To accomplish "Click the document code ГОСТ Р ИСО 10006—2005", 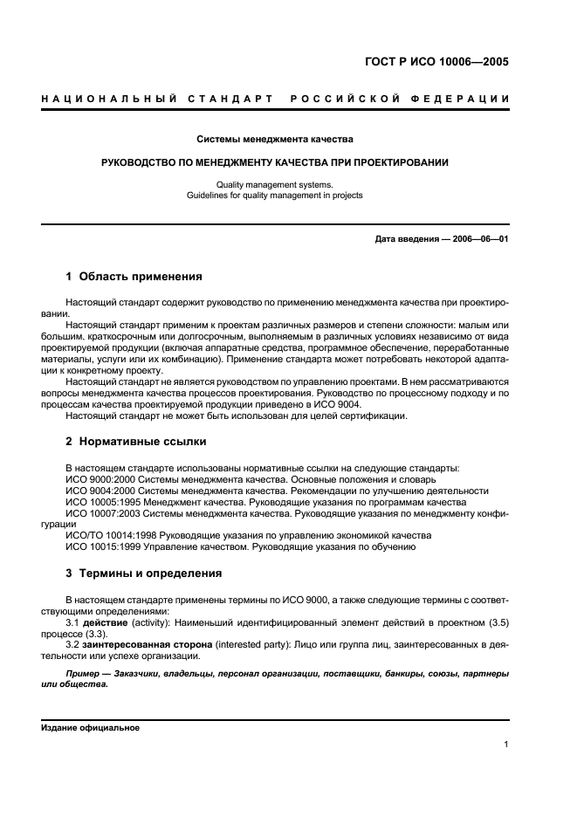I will pyautogui.click(x=436, y=62).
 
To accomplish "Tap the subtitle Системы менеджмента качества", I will pyautogui.click(x=275, y=139).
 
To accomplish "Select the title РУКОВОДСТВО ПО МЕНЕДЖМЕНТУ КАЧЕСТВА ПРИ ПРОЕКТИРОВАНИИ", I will pyautogui.click(x=275, y=162).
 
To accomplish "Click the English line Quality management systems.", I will pyautogui.click(x=275, y=184).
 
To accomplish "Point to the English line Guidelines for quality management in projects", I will pyautogui.click(x=275, y=196).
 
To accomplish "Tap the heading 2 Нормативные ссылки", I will pyautogui.click(x=134, y=441).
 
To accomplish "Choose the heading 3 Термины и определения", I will pyautogui.click(x=143, y=573).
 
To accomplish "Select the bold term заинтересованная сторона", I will pyautogui.click(x=139, y=644).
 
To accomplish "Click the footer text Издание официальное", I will pyautogui.click(x=90, y=727).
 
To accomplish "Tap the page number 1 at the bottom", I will pyautogui.click(x=506, y=745).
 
